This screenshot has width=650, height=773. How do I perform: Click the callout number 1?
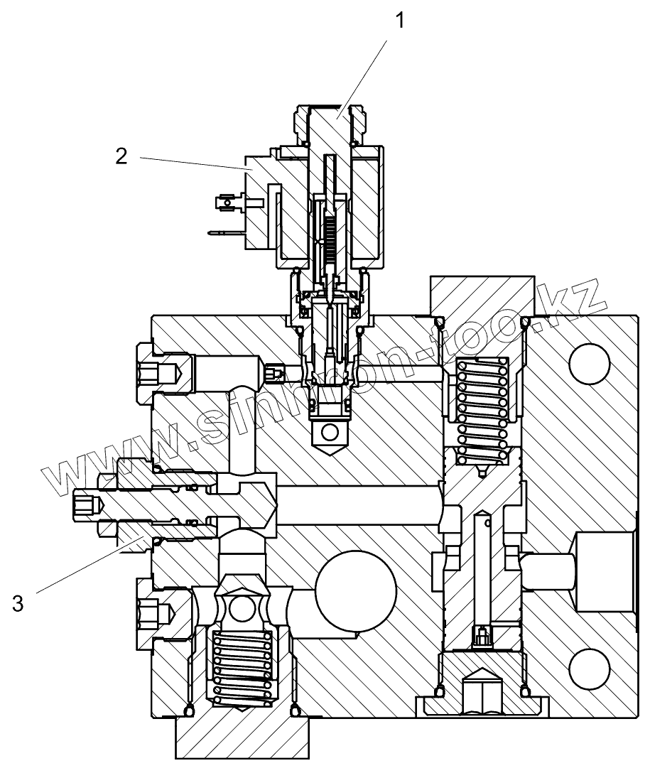click(x=401, y=21)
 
